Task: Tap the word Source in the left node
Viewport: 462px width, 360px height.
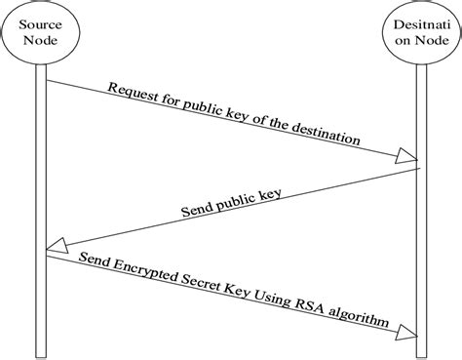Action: pos(41,24)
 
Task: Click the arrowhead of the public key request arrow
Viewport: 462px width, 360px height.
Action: pos(407,155)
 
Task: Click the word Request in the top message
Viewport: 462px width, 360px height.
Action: pos(131,93)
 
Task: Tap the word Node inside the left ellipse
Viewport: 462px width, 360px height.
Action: pos(41,41)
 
